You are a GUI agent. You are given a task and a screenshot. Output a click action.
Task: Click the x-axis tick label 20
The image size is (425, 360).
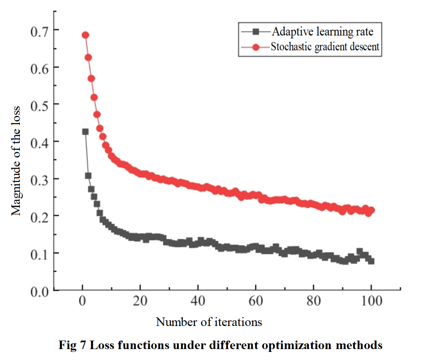(141, 302)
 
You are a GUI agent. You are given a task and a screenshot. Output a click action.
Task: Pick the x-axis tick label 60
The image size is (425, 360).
(256, 302)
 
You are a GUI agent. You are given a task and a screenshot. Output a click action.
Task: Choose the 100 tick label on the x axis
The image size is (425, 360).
(371, 302)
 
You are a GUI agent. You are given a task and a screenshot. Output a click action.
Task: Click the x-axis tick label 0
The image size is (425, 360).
(83, 302)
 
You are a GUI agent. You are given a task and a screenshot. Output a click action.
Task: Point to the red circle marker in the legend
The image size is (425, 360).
(256, 47)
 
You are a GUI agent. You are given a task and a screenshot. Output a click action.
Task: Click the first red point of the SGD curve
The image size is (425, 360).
(85, 35)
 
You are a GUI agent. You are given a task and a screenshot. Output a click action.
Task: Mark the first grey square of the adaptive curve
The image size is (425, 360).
(85, 132)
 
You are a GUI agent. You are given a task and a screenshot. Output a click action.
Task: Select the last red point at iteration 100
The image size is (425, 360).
(371, 210)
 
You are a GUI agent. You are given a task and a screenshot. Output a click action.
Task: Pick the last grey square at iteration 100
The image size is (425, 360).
(371, 261)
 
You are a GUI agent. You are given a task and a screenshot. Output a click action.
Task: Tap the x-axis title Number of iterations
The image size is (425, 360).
(209, 322)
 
